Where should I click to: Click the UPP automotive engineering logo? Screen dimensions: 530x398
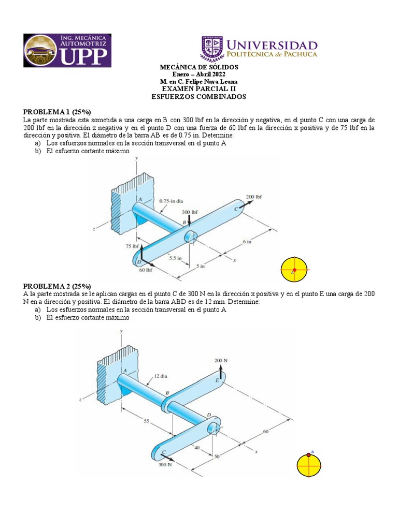(67, 51)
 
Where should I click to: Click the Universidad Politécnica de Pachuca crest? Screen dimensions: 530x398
(211, 49)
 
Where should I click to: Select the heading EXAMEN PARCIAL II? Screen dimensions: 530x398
(199, 89)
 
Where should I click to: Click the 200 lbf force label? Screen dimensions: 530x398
(254, 197)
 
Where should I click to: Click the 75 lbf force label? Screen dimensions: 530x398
(131, 247)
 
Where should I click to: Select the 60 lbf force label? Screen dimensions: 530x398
(145, 270)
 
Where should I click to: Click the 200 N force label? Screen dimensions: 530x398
(221, 360)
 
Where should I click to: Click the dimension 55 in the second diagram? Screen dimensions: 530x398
(147, 422)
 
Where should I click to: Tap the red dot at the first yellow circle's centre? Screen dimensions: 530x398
(294, 270)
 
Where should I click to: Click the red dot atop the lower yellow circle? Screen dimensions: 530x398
(309, 455)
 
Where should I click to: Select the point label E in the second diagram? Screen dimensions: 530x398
(217, 380)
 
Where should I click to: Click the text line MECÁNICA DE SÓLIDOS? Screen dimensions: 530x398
(199, 67)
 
